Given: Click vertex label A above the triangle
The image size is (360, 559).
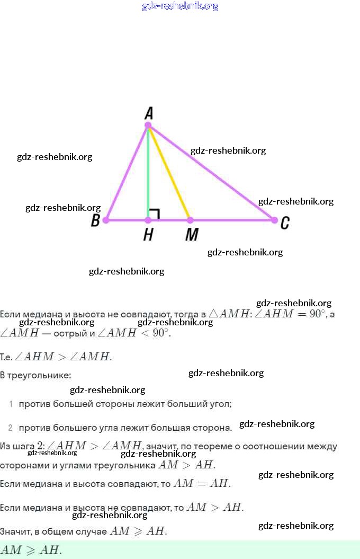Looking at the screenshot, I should pos(149,113).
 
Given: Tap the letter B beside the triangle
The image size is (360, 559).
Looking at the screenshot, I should pos(95,220).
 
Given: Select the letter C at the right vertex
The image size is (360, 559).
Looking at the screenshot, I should pos(285,223).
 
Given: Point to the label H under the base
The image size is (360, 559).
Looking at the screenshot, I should pos(148,235).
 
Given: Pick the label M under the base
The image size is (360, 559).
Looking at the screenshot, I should pos(191,235).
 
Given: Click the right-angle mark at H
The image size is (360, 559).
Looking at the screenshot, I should pos(155,214).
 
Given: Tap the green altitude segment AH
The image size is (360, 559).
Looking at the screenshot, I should pos(148,175).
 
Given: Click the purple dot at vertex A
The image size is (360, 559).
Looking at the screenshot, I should pos(148,126).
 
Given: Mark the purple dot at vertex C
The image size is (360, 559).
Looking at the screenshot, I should pos(274,220).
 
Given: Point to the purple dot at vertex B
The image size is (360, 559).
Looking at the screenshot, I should pos(106,220).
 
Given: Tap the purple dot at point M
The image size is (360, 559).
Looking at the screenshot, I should pos(191,220).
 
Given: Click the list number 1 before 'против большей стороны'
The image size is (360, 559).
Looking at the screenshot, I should pos(11,404).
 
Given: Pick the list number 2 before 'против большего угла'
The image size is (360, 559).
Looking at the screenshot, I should pos(11,428).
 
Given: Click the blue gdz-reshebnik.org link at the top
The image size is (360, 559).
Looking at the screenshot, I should pos(180,6).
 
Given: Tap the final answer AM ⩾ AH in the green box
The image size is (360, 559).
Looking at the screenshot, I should pos(32,550).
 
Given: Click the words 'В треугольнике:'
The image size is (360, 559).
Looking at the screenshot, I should pos(35,375).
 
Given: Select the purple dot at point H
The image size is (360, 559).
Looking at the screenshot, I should pos(148,220).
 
